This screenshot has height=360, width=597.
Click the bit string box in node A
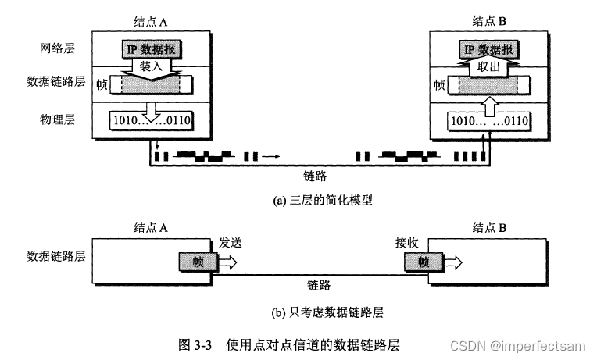click(153, 121)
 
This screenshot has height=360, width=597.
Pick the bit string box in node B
click(488, 121)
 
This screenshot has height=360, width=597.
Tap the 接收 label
click(408, 244)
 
